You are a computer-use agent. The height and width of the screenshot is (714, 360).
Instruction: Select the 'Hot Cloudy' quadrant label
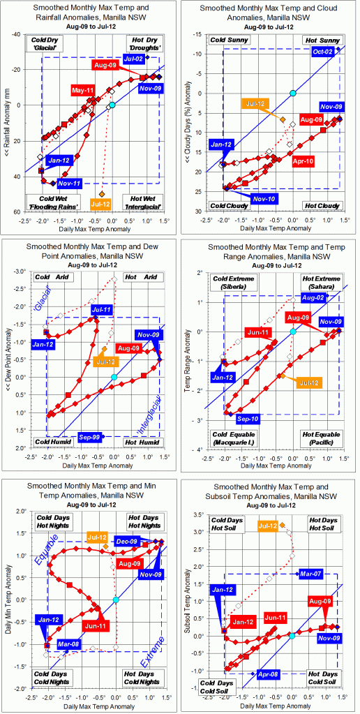(x=322, y=207)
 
